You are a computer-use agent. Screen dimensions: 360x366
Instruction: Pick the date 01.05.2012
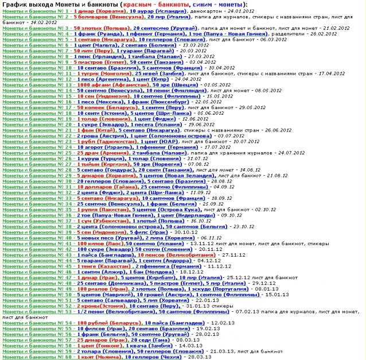[x=199, y=84]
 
